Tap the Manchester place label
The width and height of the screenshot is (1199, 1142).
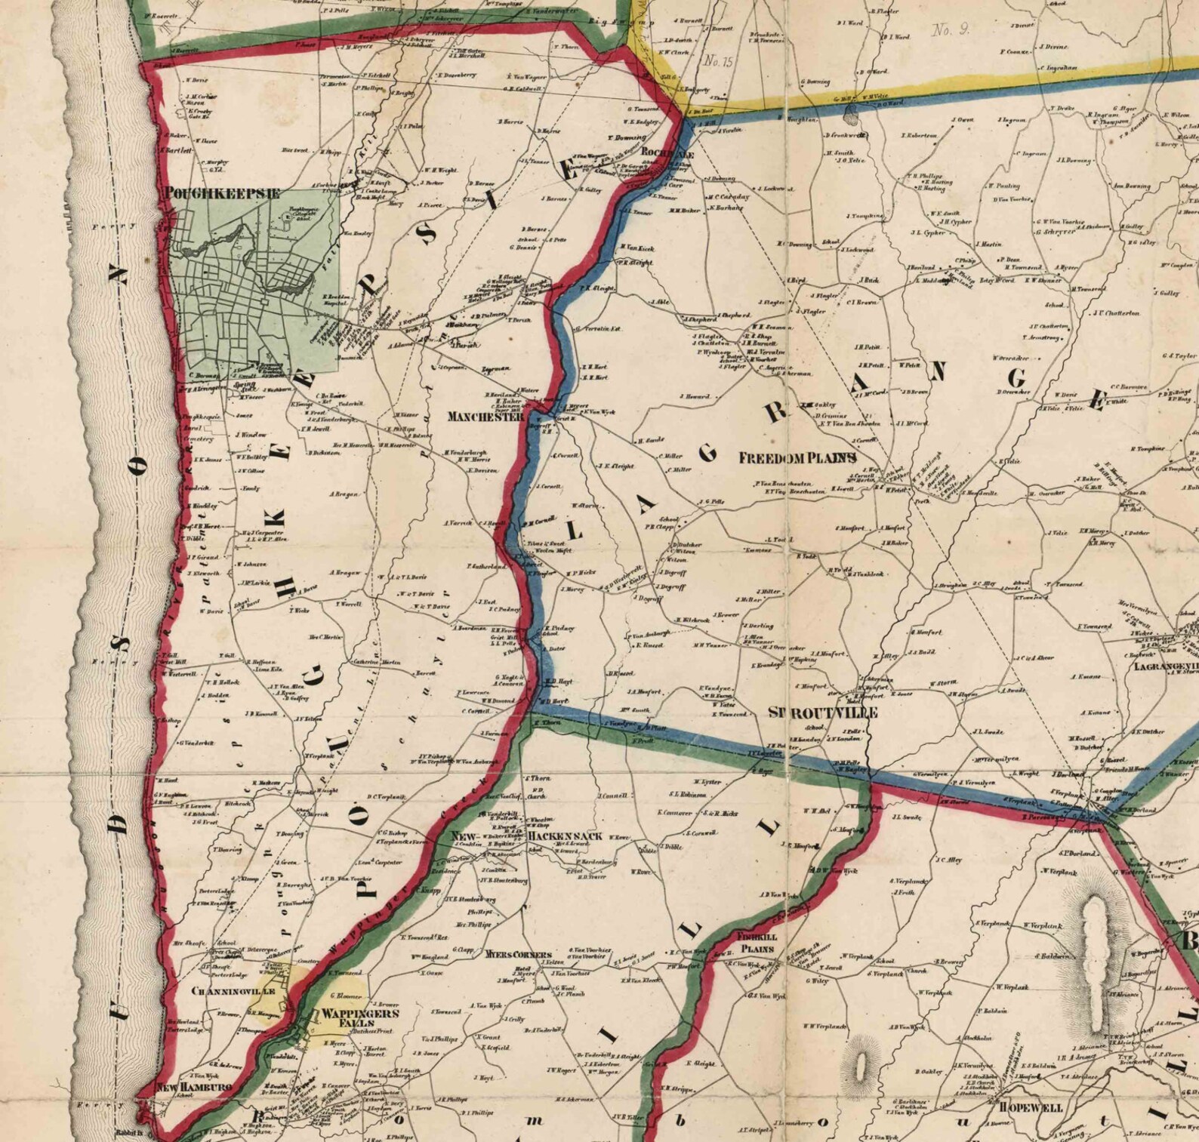click(x=485, y=417)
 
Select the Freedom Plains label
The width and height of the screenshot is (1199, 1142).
click(x=797, y=458)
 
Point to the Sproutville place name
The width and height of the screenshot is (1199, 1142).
click(x=822, y=713)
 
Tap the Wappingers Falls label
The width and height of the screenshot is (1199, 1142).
click(x=349, y=1018)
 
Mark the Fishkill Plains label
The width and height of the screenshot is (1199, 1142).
click(x=757, y=942)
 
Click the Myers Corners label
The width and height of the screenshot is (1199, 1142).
click(x=518, y=953)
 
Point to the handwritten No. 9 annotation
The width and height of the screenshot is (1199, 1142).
click(x=951, y=30)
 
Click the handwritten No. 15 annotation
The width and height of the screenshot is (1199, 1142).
click(x=717, y=62)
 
